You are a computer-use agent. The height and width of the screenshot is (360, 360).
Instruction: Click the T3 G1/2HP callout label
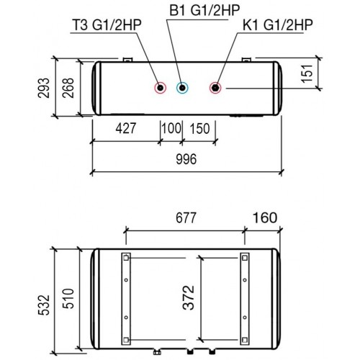click(107, 25)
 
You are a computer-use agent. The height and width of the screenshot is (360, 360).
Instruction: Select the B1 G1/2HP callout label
click(204, 10)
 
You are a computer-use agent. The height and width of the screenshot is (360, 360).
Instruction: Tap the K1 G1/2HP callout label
click(278, 25)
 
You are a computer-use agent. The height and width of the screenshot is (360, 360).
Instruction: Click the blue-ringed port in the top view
click(182, 88)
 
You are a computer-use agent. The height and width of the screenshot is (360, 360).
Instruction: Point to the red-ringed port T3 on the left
click(160, 88)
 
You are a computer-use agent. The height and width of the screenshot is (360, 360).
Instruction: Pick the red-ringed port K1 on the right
click(216, 88)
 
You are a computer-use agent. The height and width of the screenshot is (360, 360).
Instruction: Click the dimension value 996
click(186, 159)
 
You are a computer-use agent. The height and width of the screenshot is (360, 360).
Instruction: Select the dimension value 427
click(126, 128)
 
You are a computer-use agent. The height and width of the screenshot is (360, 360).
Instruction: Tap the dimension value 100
click(171, 128)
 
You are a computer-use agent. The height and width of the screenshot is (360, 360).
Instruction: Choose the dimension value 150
click(200, 128)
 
